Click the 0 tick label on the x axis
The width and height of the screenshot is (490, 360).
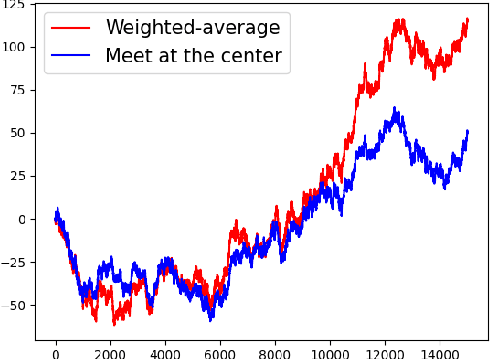[x=56, y=352]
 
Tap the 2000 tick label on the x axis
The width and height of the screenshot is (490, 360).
[x=110, y=352]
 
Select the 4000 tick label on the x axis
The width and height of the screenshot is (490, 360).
[x=165, y=352]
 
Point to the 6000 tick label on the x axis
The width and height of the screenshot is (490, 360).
[x=220, y=352]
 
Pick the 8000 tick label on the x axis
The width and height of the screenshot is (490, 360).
[x=275, y=352]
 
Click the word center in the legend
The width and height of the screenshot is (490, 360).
[x=251, y=55]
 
